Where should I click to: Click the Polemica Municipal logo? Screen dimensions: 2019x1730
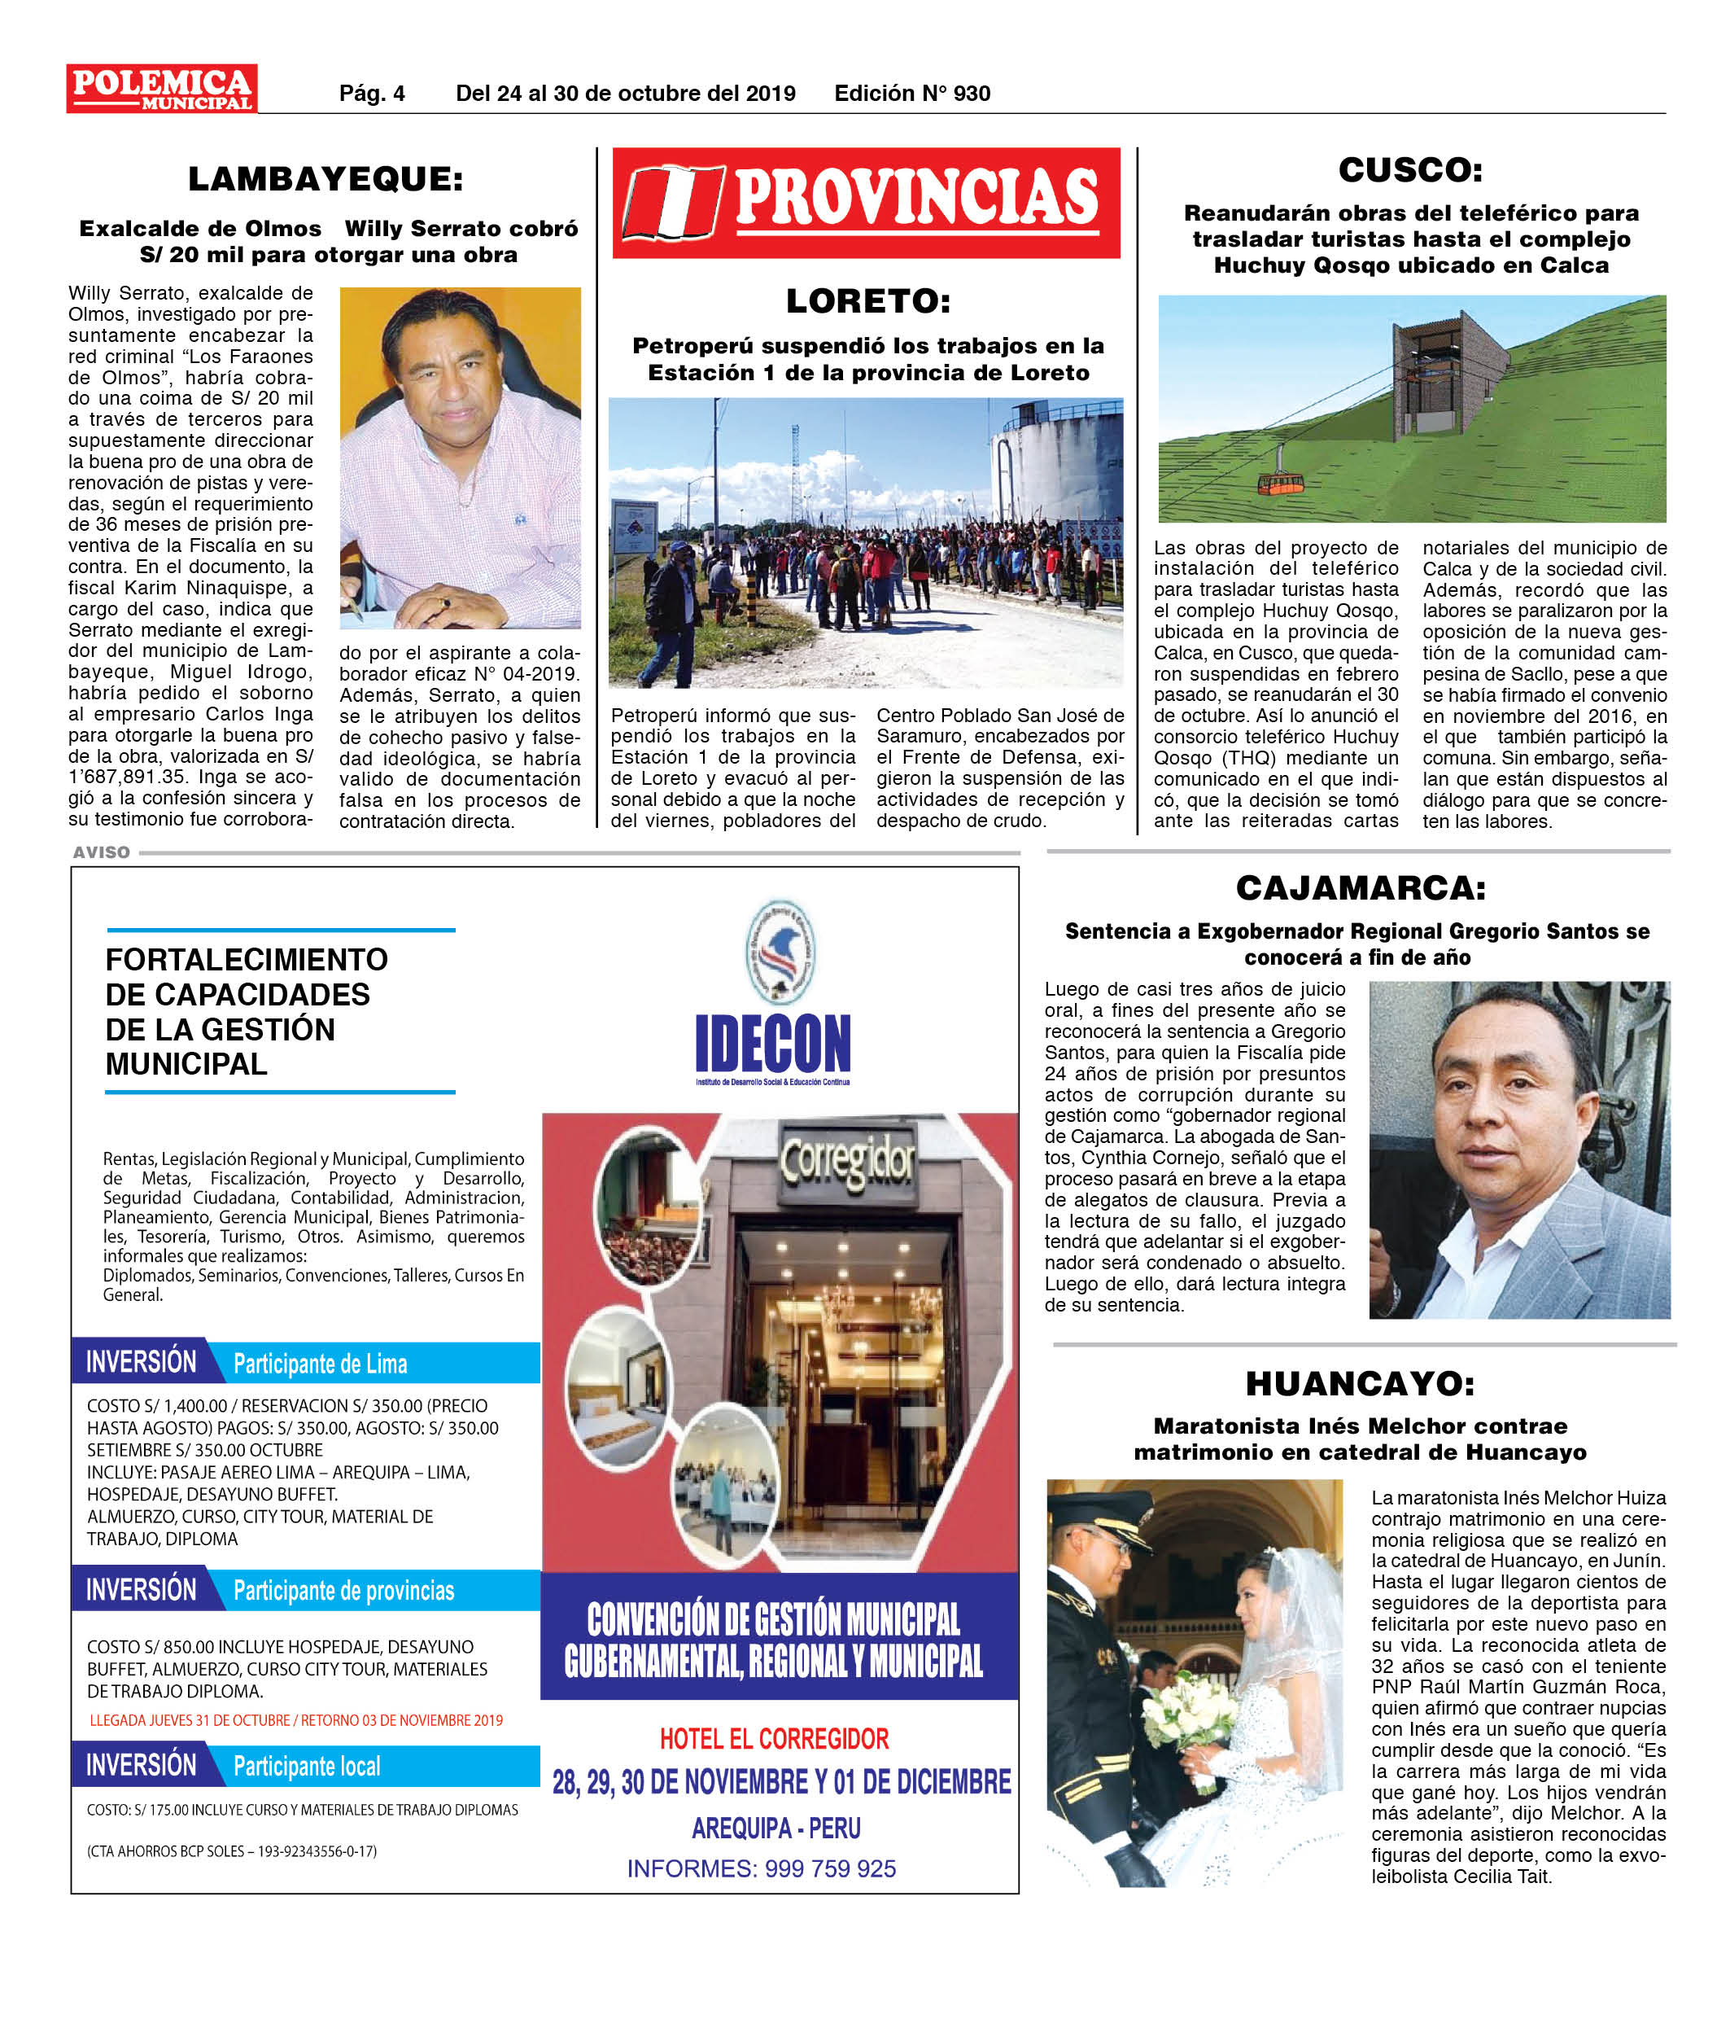coord(162,89)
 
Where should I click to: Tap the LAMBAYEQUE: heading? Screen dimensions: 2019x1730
coord(325,179)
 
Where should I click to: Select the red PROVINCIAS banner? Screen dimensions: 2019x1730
coord(866,203)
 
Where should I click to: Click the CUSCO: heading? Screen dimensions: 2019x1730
coord(1409,169)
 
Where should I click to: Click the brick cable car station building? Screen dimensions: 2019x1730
coord(1438,380)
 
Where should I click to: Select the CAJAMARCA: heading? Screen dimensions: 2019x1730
coord(1360,887)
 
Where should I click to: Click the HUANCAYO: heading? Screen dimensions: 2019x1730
coord(1360,1384)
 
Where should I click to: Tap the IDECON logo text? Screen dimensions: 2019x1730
coord(772,1044)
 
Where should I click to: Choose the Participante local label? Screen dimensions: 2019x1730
coord(306,1767)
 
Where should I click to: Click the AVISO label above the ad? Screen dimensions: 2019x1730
coord(101,852)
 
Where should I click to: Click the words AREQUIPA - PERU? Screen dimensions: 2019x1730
coord(775,1828)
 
